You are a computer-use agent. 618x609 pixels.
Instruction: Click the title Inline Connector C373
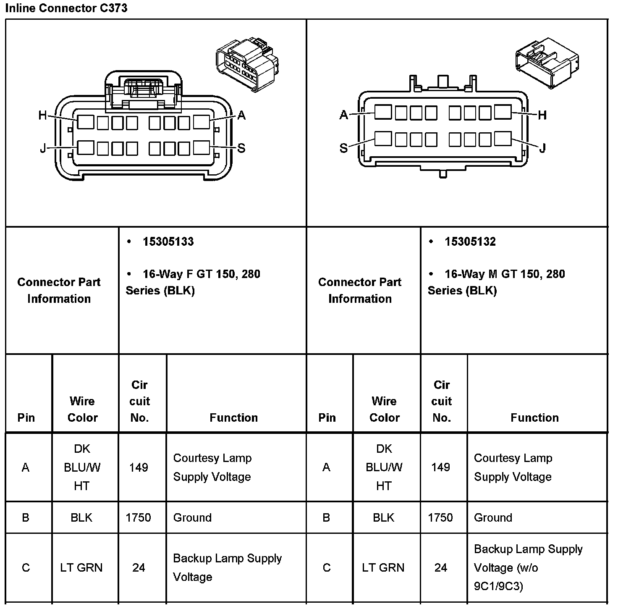point(66,8)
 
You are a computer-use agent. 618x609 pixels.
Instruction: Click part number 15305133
point(168,241)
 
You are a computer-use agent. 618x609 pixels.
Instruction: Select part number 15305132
point(470,241)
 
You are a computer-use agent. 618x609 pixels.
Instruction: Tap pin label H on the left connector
point(42,115)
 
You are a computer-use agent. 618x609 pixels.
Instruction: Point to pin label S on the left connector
point(241,148)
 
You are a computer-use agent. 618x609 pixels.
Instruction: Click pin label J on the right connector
point(542,148)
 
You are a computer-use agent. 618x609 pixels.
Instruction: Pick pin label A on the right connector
point(344,115)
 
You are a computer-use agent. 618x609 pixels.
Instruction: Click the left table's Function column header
point(233,417)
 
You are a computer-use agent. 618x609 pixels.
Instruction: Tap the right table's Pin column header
point(327,417)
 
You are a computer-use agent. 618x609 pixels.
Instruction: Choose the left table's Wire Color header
point(82,409)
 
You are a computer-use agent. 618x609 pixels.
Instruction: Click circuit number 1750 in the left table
point(138,517)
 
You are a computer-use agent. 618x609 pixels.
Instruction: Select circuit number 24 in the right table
point(440,568)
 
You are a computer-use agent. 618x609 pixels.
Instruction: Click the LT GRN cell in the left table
point(81,568)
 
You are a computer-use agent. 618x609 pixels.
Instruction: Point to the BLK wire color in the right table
point(383,517)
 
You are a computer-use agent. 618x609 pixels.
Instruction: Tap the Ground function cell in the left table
point(192,517)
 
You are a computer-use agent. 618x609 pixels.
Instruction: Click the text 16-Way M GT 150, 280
point(505,274)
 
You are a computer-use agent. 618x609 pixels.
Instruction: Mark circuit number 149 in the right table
point(440,467)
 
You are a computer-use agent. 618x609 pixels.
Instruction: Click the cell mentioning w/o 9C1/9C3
point(528,568)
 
